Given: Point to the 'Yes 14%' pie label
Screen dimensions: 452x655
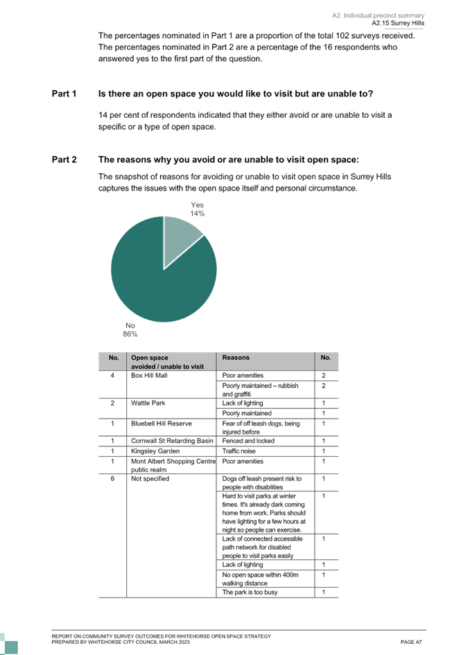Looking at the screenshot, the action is [x=197, y=209].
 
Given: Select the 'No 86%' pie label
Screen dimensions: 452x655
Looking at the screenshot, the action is [x=130, y=330].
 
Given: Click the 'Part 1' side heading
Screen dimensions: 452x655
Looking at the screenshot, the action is [x=64, y=94].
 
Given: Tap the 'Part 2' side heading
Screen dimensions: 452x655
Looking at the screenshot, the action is [x=64, y=159].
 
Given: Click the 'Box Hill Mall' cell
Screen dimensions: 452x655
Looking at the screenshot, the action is [x=149, y=376].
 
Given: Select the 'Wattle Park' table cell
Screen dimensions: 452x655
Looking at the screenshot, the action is [x=148, y=403].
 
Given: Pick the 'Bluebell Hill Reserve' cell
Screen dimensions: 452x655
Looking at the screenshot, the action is [x=162, y=423].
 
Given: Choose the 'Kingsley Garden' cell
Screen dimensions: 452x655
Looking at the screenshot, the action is [x=155, y=451].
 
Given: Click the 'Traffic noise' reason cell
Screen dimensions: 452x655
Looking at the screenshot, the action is [x=238, y=451].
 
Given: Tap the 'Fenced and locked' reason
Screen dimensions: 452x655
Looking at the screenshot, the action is [x=248, y=441].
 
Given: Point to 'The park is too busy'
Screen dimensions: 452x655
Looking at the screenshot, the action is [x=250, y=593].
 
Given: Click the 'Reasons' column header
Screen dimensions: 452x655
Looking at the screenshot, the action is [x=236, y=358].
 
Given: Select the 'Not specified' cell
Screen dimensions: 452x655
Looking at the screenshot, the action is [x=150, y=479].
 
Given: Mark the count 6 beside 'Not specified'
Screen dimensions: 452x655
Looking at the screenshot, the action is [x=112, y=479].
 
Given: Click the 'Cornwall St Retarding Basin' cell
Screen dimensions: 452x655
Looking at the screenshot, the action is [x=172, y=441].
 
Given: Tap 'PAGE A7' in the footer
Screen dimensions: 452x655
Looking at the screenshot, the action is [x=411, y=642].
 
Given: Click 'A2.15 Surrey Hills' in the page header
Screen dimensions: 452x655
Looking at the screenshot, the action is [x=398, y=24].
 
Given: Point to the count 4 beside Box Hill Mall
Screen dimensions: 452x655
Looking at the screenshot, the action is [x=112, y=376].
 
